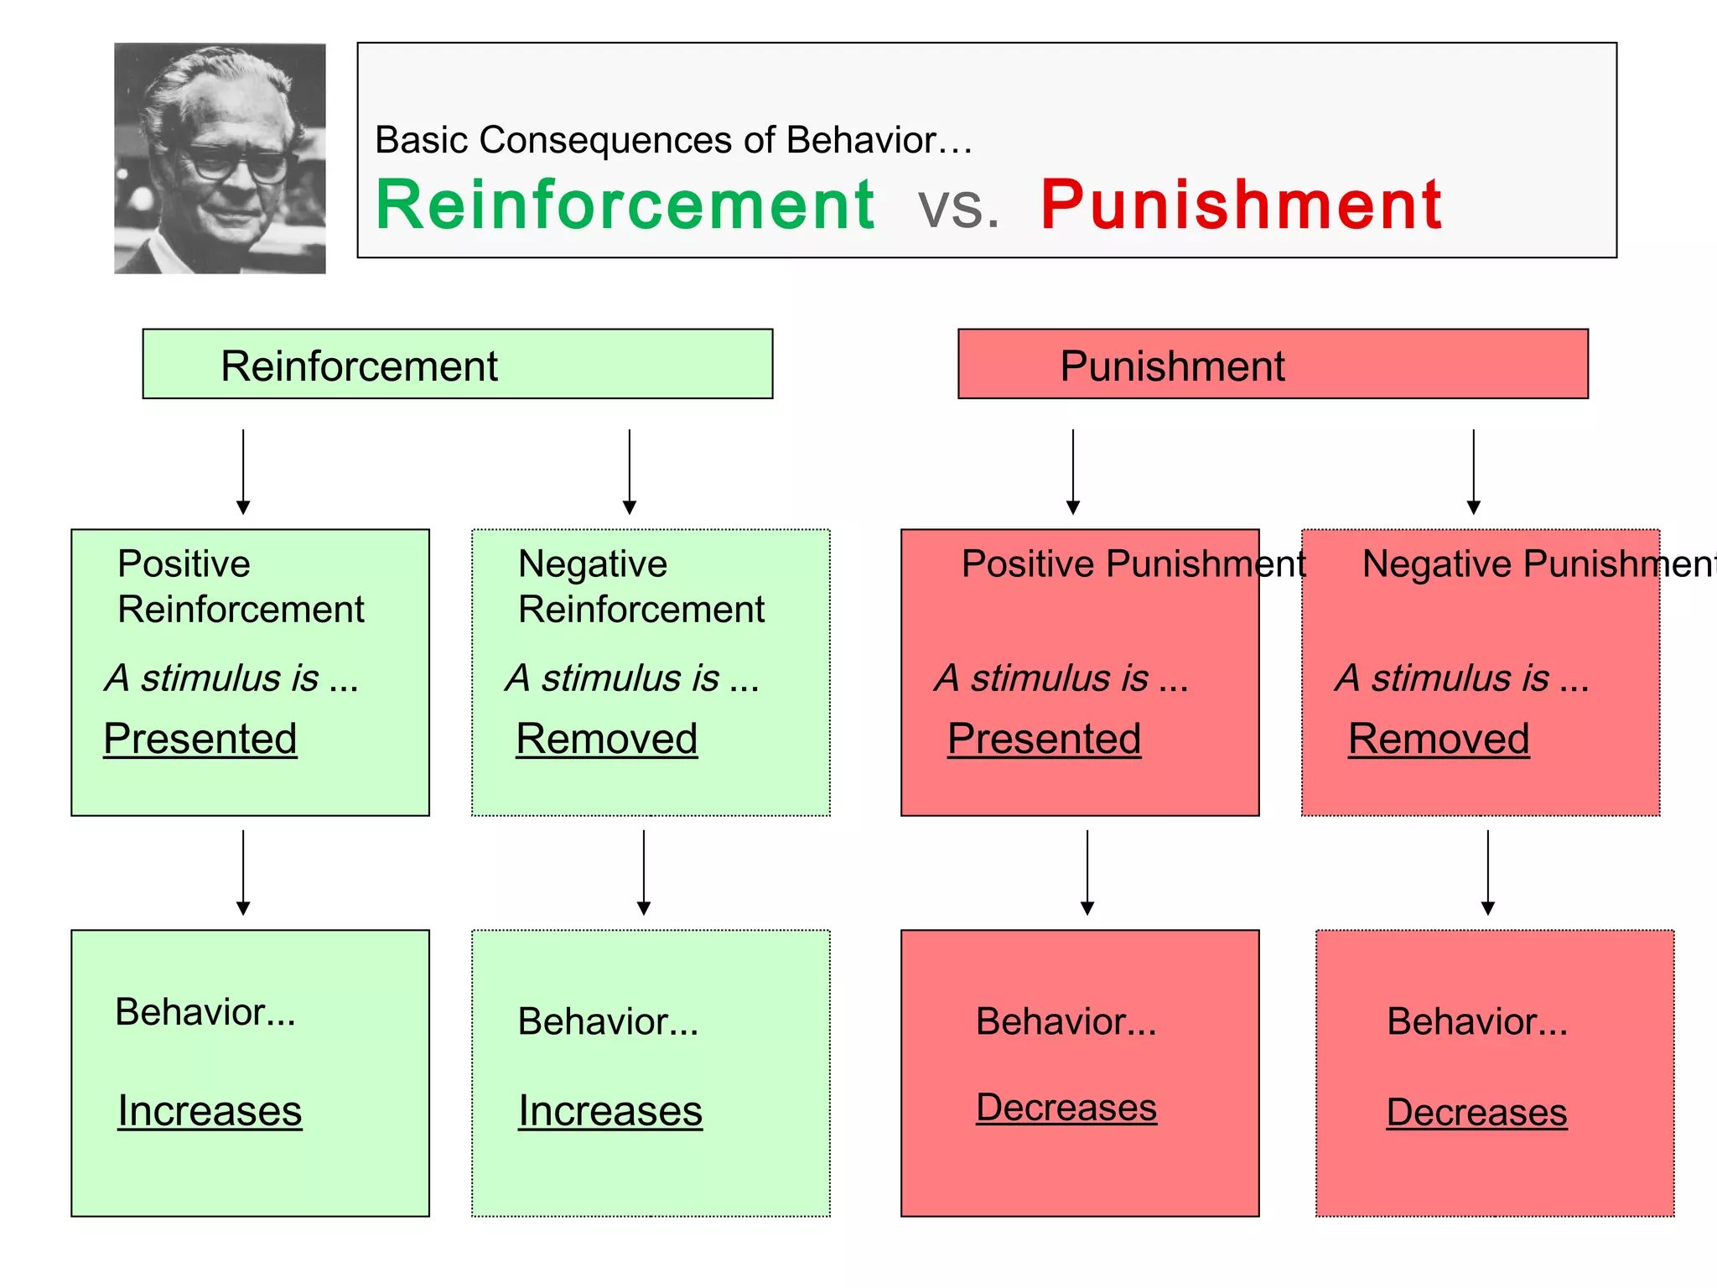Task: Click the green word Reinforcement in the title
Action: click(x=625, y=205)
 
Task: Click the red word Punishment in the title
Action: click(x=1241, y=205)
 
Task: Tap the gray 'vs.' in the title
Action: click(x=958, y=207)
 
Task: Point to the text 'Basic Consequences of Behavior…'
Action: click(x=673, y=140)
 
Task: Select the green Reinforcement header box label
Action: click(x=359, y=366)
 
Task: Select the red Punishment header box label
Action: click(x=1172, y=366)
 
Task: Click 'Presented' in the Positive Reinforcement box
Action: click(x=200, y=739)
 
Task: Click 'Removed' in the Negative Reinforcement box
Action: click(x=606, y=739)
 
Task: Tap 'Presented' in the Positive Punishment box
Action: click(x=1044, y=739)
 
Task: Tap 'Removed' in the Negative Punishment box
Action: click(x=1439, y=739)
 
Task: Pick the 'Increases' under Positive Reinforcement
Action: click(x=210, y=1111)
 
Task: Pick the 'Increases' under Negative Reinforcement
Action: click(x=610, y=1111)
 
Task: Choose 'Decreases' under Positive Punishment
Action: click(x=1066, y=1108)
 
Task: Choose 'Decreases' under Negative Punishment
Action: click(x=1476, y=1113)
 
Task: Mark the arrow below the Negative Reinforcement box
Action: click(x=644, y=872)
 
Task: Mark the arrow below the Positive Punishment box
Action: click(x=1087, y=872)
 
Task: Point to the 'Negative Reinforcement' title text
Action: click(x=641, y=586)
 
